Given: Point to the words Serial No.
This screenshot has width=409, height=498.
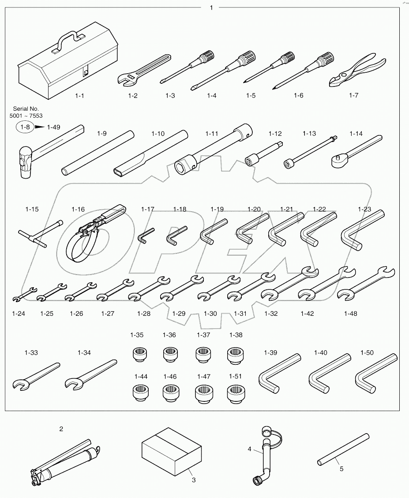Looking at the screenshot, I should coord(26,109).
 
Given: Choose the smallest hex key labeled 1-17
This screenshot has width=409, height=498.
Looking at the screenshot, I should coord(145,236).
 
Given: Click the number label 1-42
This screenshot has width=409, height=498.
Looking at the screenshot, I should coord(307,314).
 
